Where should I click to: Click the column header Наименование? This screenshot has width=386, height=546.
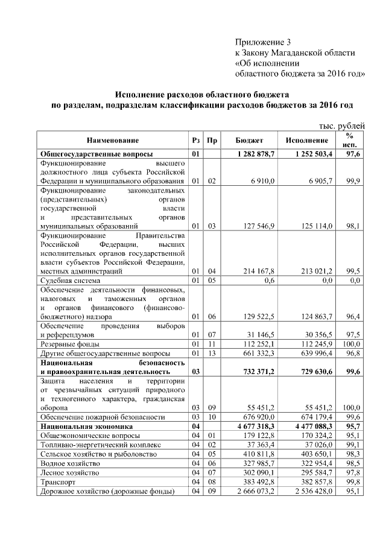pyautogui.click(x=112, y=141)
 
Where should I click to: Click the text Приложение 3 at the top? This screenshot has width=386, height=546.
pyautogui.click(x=262, y=42)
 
